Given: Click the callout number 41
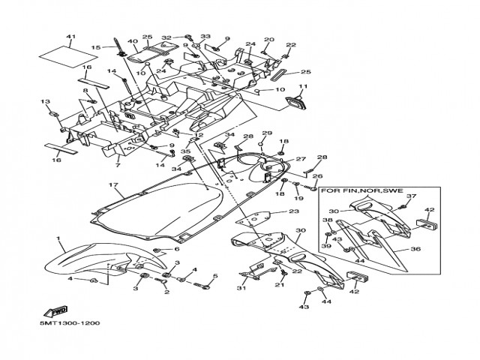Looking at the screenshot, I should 71,37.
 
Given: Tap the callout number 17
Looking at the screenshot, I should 112,184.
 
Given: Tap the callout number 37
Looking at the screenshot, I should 410,196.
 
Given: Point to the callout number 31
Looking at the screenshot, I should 241,289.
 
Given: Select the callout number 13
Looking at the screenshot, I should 45,102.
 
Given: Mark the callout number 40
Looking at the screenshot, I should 132,41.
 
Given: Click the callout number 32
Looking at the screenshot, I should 166,37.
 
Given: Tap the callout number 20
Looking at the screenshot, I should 268,40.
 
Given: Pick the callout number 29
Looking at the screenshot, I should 265,133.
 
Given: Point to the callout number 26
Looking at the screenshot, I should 316,176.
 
